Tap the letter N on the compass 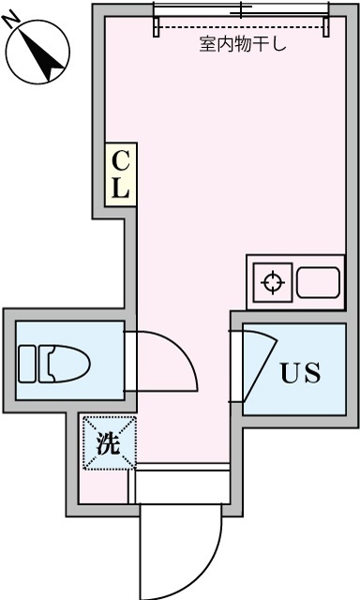[x=13, y=27]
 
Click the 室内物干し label [x=243, y=44]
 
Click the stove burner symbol [x=273, y=282]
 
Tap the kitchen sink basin [x=320, y=282]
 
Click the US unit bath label [x=301, y=373]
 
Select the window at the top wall [x=242, y=10]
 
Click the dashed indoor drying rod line [x=242, y=28]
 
